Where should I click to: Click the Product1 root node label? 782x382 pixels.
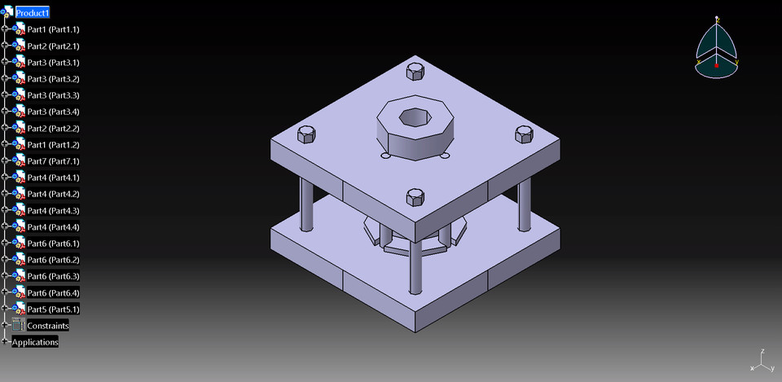pyautogui.click(x=33, y=13)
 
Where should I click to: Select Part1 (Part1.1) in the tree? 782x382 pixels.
pyautogui.click(x=53, y=29)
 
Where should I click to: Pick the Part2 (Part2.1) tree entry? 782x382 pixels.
pyautogui.click(x=53, y=46)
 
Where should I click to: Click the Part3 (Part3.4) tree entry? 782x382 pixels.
pyautogui.click(x=53, y=112)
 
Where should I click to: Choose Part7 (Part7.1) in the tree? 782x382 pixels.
pyautogui.click(x=53, y=161)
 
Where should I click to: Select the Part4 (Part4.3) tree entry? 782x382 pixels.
pyautogui.click(x=53, y=210)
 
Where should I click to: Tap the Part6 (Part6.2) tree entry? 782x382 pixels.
pyautogui.click(x=53, y=260)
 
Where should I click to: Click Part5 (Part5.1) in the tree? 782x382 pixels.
pyautogui.click(x=53, y=310)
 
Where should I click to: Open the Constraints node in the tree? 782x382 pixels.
pyautogui.click(x=48, y=326)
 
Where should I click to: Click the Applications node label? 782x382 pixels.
pyautogui.click(x=35, y=342)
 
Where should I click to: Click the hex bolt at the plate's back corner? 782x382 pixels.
pyautogui.click(x=415, y=71)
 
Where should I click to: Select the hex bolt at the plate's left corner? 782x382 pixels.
pyautogui.click(x=307, y=133)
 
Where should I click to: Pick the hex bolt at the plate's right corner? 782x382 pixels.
pyautogui.click(x=523, y=134)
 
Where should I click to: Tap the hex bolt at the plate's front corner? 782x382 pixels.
pyautogui.click(x=415, y=196)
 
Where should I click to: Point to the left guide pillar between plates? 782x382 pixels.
pyautogui.click(x=307, y=204)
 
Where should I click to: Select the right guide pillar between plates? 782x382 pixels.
pyautogui.click(x=525, y=203)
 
